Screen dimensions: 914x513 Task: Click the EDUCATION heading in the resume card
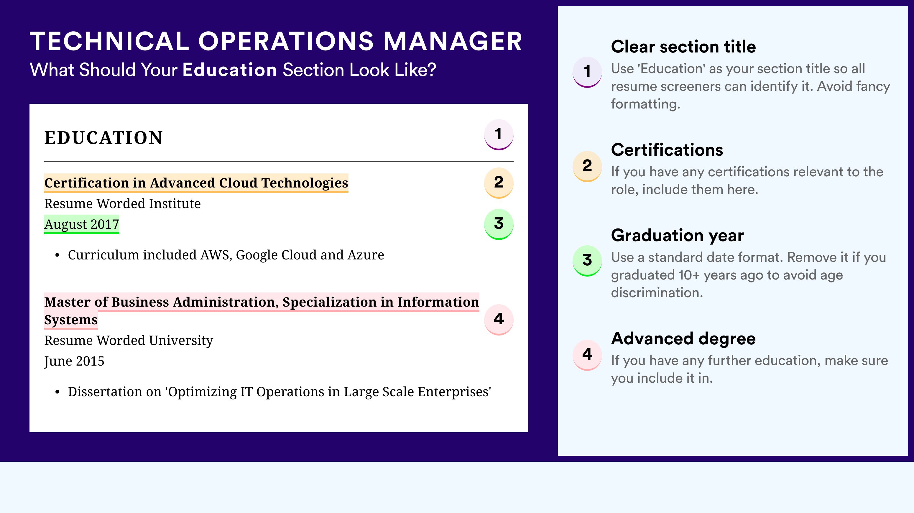pos(103,138)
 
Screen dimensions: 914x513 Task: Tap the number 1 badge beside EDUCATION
pos(499,134)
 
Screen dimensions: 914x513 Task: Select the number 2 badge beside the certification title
pos(499,183)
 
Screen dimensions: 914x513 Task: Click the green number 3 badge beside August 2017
pos(499,224)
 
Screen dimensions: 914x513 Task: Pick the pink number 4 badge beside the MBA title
pos(499,319)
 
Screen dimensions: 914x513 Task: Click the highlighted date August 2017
pos(82,224)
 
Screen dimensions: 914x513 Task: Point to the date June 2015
pos(74,361)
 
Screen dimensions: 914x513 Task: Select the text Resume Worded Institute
pos(122,204)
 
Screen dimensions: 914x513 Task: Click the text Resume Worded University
pos(129,341)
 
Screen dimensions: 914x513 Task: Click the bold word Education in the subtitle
pos(230,70)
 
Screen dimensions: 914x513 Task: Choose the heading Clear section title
pos(683,47)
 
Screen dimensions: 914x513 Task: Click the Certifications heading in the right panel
pos(667,150)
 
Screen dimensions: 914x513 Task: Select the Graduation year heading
pos(677,235)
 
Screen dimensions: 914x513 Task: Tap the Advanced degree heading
pos(683,338)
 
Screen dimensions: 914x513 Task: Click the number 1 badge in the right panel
pos(587,72)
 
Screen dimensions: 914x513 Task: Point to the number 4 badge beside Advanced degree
pos(587,355)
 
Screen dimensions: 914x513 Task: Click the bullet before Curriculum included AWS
pos(57,255)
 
